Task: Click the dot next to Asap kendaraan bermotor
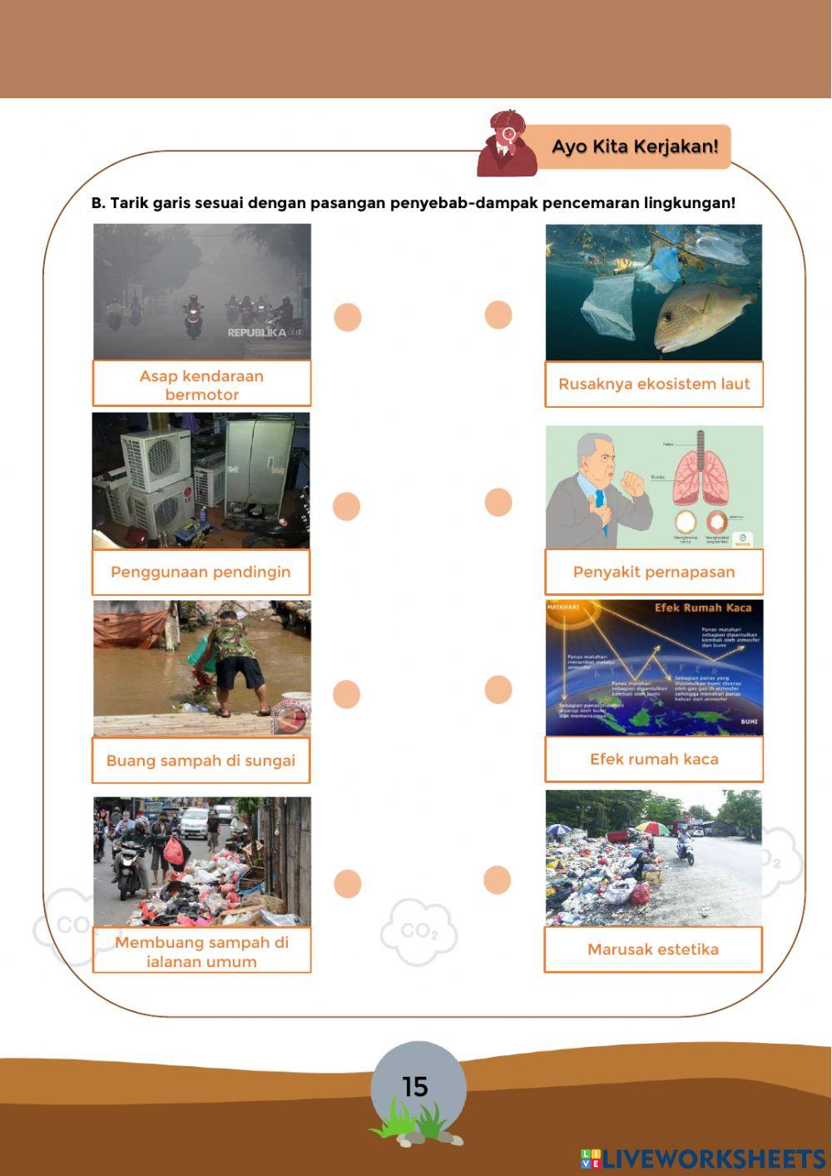coord(348,317)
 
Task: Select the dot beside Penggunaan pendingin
coord(346,506)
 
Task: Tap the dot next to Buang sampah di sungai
coord(346,694)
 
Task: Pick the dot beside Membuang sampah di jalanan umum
coord(348,884)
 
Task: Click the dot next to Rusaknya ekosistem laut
coord(498,315)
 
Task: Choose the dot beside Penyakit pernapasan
coord(498,502)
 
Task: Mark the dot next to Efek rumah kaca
coord(498,689)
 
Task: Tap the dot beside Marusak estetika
coord(498,880)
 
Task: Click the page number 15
coord(415,1087)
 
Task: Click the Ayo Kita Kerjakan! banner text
coord(635,147)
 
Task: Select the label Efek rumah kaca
coord(654,759)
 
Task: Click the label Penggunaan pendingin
coord(201,572)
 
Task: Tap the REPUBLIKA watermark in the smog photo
coord(257,333)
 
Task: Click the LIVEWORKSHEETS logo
coord(703,1159)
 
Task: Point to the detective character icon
coord(506,144)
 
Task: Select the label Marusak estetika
coord(653,950)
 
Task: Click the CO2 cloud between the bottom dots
coord(419,932)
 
